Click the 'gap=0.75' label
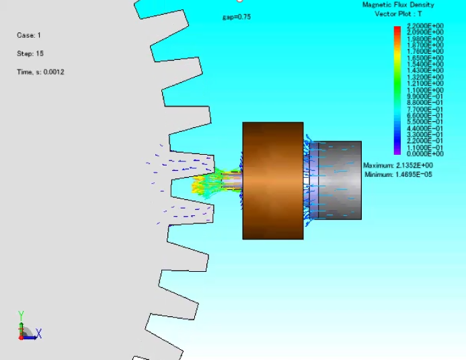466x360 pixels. tap(237, 17)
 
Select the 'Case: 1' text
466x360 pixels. tap(29, 35)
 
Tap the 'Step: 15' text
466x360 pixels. tap(30, 53)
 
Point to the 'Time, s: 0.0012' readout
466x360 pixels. tap(40, 72)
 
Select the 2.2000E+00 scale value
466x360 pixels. tap(425, 26)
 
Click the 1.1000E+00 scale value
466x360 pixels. tap(425, 89)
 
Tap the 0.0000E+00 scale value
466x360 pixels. tap(425, 153)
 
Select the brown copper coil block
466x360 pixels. tap(272, 180)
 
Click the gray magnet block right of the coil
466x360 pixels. tap(335, 180)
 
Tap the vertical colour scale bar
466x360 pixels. tap(397, 89)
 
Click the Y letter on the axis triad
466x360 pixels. tap(21, 314)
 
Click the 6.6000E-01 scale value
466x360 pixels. tap(425, 115)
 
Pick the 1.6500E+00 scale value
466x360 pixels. tap(425, 58)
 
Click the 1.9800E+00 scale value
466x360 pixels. tap(425, 38)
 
